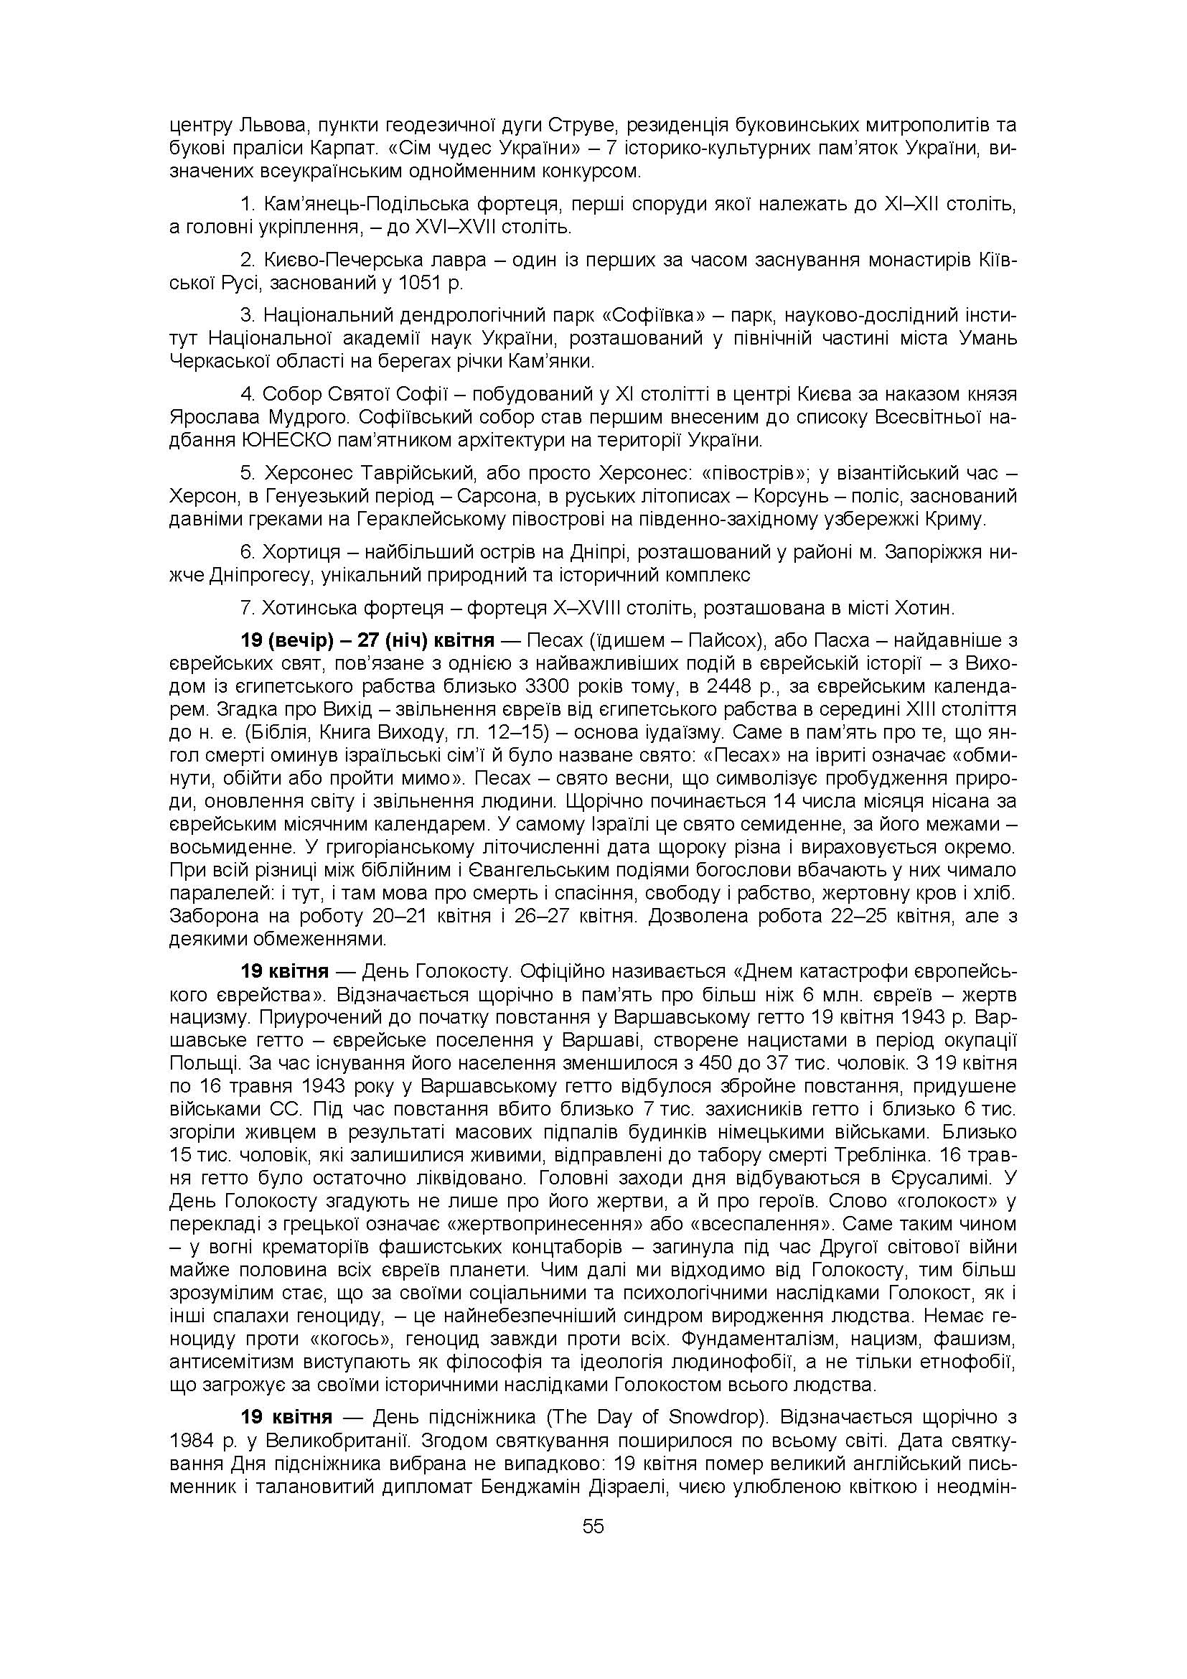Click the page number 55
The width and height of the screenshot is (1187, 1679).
[593, 1525]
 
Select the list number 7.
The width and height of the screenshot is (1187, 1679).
[246, 608]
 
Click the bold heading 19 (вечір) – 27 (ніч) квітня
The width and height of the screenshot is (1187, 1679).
[367, 640]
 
